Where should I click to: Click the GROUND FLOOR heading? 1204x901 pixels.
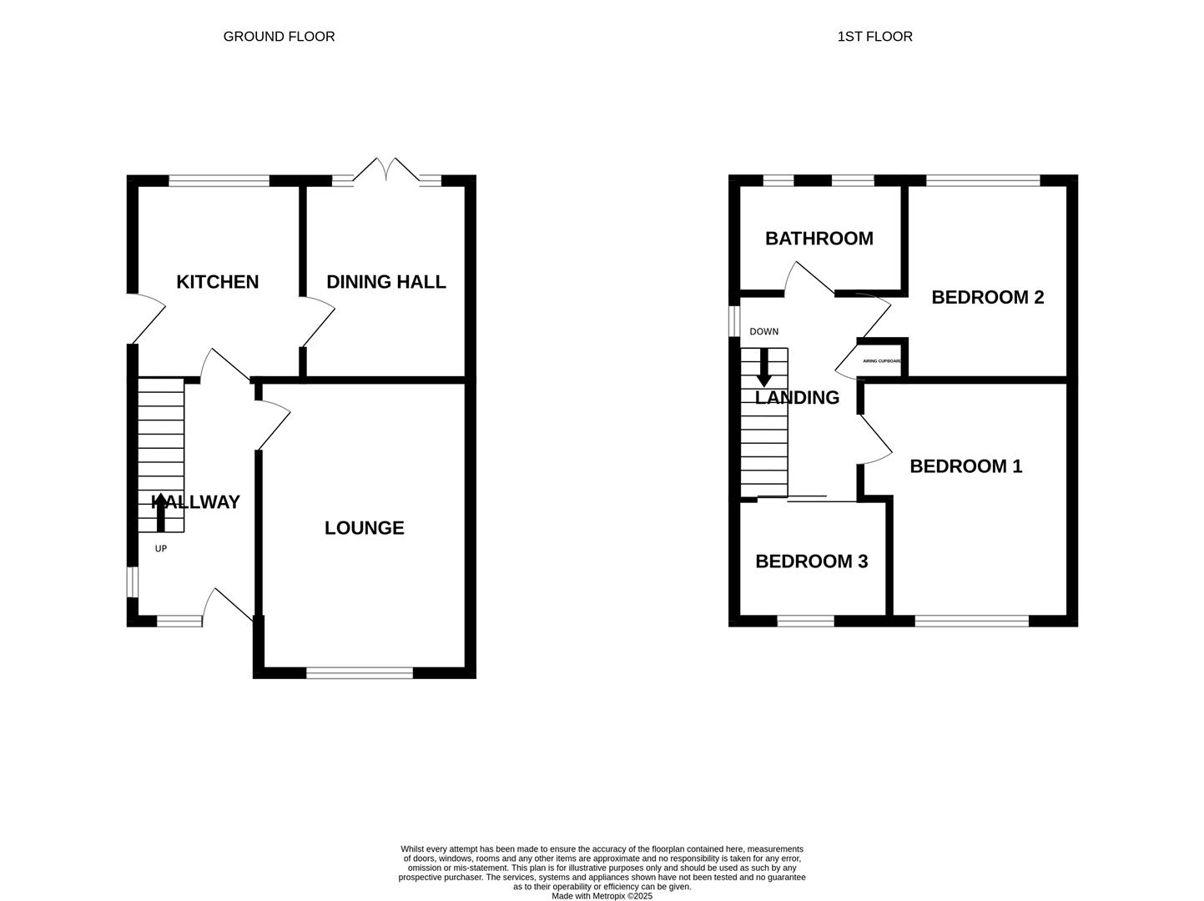[x=279, y=37]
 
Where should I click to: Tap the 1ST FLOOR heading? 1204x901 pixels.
[x=875, y=37]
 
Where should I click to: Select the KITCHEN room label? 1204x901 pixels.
[x=217, y=282]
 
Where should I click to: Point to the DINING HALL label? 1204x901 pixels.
[x=386, y=282]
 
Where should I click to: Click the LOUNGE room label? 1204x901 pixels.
[x=365, y=528]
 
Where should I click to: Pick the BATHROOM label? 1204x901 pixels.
[x=819, y=239]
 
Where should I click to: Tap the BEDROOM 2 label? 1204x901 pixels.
[x=988, y=297]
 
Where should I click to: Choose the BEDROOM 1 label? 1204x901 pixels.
[x=966, y=466]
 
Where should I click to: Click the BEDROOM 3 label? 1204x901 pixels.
[x=812, y=561]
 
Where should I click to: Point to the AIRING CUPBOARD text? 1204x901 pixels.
[x=882, y=361]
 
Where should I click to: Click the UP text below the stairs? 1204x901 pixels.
[x=161, y=548]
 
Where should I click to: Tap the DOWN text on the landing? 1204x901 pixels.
[x=764, y=332]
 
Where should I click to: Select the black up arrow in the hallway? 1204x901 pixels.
[x=161, y=512]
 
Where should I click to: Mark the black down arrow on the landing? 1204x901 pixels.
[x=764, y=367]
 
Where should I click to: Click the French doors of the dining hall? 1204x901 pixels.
[x=386, y=170]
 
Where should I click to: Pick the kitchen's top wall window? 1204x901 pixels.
[x=219, y=180]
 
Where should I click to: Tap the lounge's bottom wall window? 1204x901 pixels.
[x=360, y=673]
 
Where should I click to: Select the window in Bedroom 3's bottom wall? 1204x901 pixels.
[x=806, y=621]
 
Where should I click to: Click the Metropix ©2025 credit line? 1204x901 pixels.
[x=602, y=896]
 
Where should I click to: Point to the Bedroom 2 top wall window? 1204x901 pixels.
[x=983, y=180]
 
